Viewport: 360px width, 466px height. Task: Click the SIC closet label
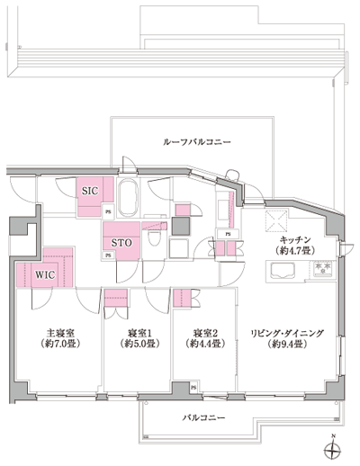89,191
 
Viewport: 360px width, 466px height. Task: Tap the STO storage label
121,243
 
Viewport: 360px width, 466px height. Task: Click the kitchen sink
274,270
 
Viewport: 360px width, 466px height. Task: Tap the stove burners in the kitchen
321,270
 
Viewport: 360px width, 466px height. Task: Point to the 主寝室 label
60,343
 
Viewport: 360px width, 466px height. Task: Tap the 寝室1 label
135,343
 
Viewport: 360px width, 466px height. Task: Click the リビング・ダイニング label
288,343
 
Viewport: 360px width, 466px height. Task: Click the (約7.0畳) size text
60,355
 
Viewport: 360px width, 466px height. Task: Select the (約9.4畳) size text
288,355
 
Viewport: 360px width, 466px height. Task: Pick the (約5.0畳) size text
135,355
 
